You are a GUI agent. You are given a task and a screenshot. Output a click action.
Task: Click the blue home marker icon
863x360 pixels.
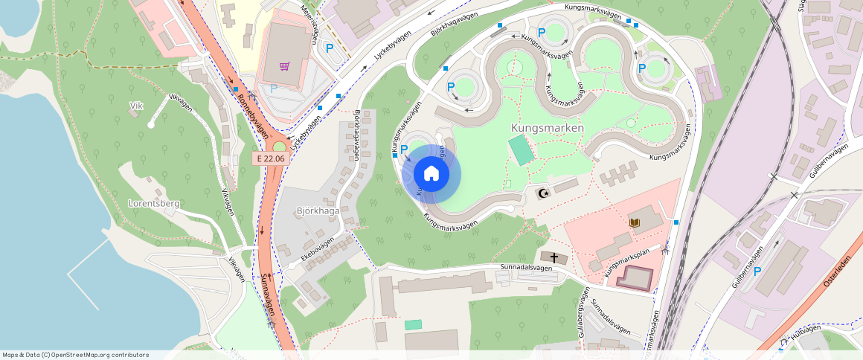click(x=431, y=174)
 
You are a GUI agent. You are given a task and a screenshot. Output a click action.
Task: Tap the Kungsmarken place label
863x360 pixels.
click(x=547, y=128)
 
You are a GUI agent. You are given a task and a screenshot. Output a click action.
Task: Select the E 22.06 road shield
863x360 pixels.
click(x=269, y=158)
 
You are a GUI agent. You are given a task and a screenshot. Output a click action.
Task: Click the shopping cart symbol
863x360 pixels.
click(x=284, y=66)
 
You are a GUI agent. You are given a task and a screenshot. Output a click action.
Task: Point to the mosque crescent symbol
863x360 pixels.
click(x=543, y=194)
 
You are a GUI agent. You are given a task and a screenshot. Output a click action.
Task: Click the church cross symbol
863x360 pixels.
click(x=554, y=257)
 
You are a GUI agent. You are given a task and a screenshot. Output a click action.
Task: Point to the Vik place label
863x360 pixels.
click(x=135, y=106)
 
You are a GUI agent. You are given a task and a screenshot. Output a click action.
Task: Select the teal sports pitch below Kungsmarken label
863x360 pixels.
click(x=521, y=151)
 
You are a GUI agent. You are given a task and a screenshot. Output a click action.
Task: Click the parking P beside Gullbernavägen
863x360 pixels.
click(x=757, y=271)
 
